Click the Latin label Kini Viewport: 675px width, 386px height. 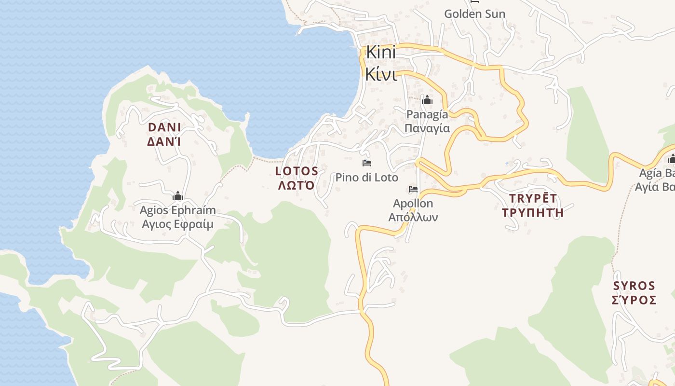tap(381, 53)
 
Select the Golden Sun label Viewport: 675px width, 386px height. tap(474, 14)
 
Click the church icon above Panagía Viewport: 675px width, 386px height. tap(427, 100)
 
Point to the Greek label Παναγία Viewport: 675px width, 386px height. tap(427, 128)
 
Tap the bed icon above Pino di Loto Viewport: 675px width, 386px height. tap(367, 163)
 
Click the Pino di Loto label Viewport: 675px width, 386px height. tap(367, 178)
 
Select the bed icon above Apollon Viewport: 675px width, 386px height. tap(413, 189)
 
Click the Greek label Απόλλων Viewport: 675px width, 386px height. tap(413, 217)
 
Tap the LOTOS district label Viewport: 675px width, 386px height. tap(297, 171)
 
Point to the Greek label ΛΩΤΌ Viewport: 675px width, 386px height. tap(297, 185)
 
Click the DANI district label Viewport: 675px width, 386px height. tap(164, 127)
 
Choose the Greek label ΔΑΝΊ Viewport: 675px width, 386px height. tap(164, 142)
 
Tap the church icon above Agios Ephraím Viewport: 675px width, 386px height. tap(178, 196)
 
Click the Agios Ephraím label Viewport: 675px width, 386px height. tap(178, 211)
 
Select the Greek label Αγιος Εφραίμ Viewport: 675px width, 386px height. tap(178, 224)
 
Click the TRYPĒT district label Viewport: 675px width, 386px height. tap(533, 198)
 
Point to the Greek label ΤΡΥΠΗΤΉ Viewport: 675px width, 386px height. tap(533, 212)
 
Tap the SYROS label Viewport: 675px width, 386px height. tap(634, 286)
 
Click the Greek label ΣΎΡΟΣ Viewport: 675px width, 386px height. tap(634, 300)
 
